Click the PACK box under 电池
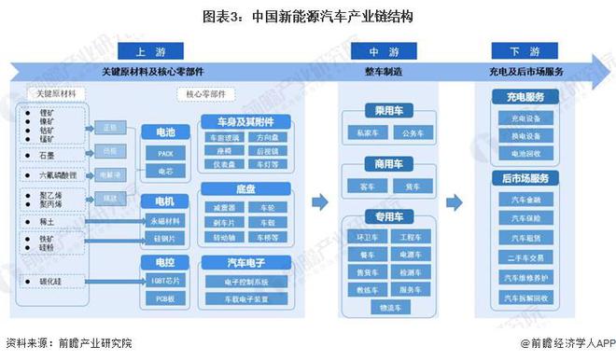tap(164, 153)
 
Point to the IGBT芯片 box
tap(164, 280)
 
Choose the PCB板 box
tap(164, 298)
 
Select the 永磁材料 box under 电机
tap(164, 220)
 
